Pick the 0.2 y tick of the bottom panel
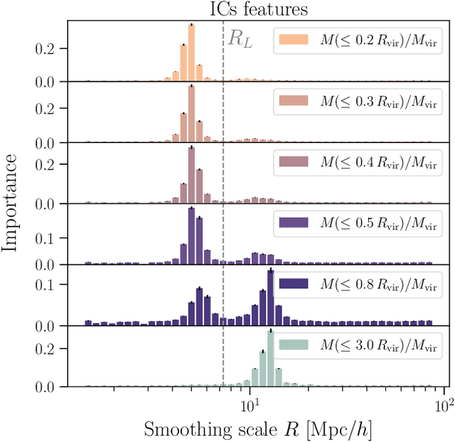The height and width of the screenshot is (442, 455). pos(49,348)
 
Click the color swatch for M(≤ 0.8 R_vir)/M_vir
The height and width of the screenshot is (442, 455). pos(294,284)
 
